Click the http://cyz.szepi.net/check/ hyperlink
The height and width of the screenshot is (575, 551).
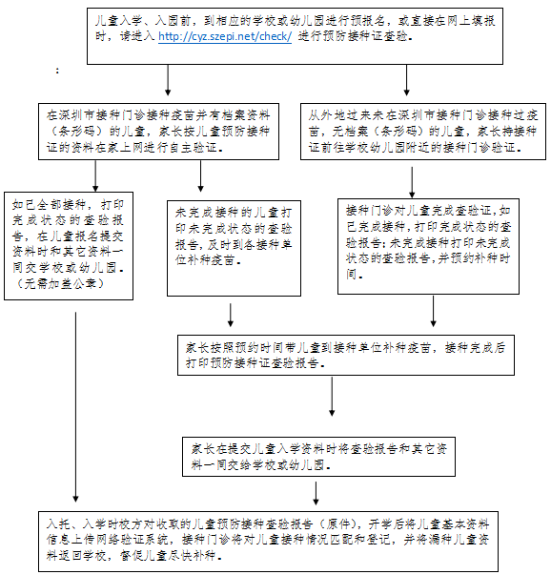pos(225,37)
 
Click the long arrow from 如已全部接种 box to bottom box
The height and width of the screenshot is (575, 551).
pos(75,407)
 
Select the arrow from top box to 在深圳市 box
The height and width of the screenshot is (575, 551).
pos(168,80)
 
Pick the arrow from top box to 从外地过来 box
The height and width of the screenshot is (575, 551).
pos(406,80)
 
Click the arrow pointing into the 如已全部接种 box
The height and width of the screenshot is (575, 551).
pos(95,176)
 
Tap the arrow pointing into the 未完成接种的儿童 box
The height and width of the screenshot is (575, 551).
pos(200,176)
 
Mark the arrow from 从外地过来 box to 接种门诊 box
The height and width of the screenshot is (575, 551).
pos(412,182)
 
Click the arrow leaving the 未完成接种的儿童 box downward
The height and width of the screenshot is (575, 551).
pos(231,315)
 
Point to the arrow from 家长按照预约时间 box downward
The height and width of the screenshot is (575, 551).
pos(332,397)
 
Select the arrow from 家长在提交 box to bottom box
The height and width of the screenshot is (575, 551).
pos(316,493)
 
